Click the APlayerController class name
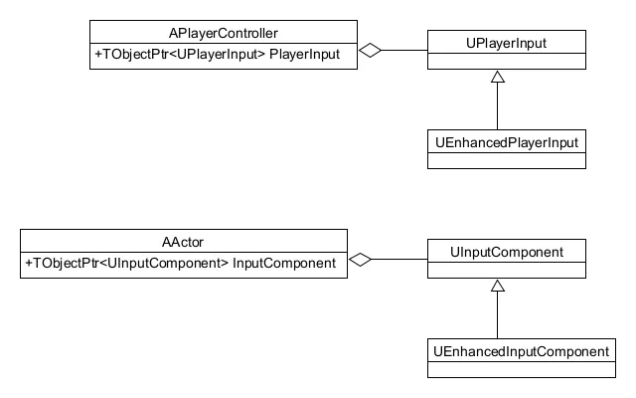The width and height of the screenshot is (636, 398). point(223,33)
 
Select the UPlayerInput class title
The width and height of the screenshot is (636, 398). point(506,43)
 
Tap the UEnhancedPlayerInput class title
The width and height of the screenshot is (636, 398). point(507,142)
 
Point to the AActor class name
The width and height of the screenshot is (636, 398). point(183,242)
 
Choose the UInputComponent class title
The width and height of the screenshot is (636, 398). point(507,252)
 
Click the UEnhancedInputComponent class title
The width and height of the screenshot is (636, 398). point(521,351)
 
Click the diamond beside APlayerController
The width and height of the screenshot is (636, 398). point(370,51)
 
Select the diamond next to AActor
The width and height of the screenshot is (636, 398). point(360,260)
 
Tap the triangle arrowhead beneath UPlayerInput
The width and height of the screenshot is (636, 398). point(498,77)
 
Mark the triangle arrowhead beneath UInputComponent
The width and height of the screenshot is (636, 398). point(498,286)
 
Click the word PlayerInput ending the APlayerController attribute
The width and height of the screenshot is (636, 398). point(304,55)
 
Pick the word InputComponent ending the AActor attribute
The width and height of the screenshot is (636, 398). point(284,263)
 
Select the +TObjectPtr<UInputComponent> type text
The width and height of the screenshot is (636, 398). point(127,263)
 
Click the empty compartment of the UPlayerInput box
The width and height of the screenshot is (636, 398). point(507,61)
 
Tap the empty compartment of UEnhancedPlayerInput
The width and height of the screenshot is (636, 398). point(507,160)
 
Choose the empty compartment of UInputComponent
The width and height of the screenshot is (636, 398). point(507,270)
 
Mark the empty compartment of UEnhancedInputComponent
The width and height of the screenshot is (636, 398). point(522,369)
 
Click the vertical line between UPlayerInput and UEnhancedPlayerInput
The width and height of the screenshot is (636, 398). point(498,106)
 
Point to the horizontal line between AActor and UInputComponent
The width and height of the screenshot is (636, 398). point(399,259)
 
